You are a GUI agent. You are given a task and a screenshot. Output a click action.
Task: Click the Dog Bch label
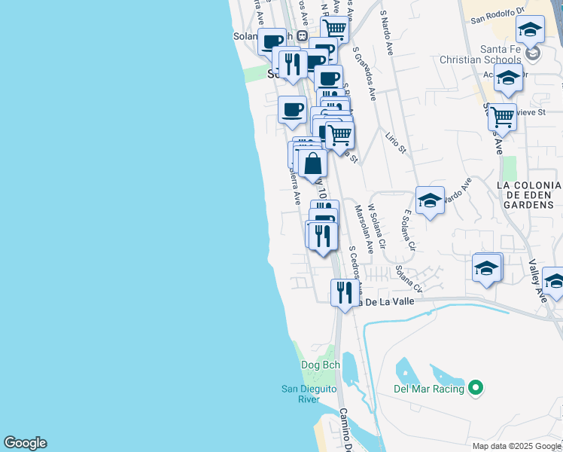click(321, 365)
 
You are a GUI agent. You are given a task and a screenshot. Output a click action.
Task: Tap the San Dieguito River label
click(311, 394)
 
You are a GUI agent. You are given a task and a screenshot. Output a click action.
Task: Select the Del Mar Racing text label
click(428, 389)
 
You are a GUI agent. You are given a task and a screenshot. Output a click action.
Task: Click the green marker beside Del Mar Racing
click(475, 389)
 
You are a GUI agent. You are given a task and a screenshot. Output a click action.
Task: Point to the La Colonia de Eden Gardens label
click(529, 194)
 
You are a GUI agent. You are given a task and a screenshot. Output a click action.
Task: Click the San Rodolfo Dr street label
click(497, 20)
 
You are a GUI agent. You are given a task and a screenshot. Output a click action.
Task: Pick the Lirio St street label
click(395, 140)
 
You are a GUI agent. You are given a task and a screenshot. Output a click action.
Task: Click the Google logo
click(25, 443)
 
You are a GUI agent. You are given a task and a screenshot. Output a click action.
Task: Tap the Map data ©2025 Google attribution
click(516, 446)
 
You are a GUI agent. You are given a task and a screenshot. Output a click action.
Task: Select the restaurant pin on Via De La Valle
click(344, 293)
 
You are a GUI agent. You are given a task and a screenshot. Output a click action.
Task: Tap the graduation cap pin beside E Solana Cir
click(430, 200)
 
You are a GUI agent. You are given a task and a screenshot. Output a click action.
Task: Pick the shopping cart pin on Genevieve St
click(502, 118)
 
